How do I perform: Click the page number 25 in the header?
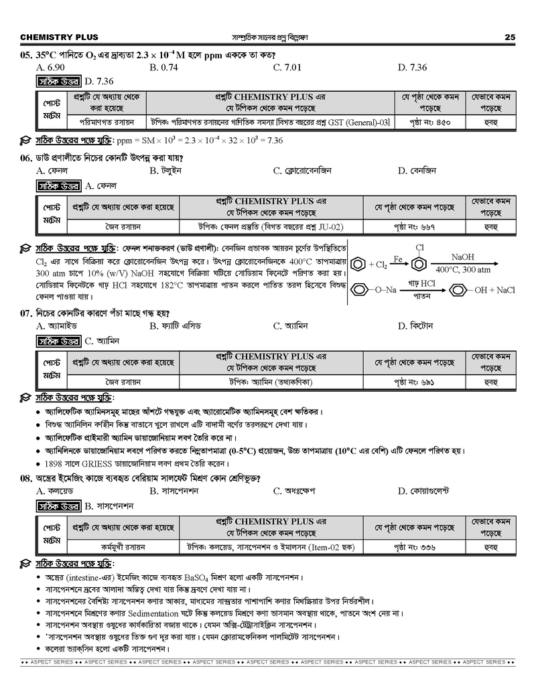510,37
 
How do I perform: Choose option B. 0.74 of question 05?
164,68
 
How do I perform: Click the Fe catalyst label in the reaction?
397,258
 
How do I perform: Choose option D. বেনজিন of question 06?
416,171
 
